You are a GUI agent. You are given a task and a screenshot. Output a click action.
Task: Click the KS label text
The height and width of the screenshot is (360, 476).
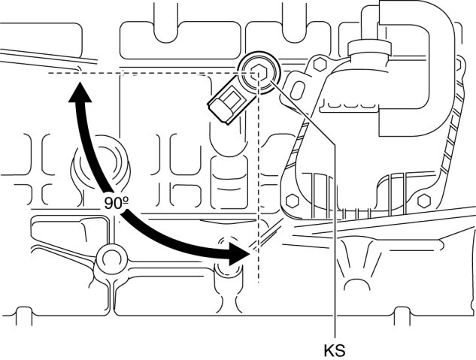[x=335, y=349]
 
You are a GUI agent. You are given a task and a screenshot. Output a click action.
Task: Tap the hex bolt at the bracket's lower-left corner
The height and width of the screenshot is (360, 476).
[x=289, y=201]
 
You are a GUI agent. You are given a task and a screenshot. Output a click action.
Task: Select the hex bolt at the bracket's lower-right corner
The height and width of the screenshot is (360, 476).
[x=423, y=201]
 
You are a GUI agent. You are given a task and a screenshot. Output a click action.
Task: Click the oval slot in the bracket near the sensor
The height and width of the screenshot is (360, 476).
[x=297, y=89]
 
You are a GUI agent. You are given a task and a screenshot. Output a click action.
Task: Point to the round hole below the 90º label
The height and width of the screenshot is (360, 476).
[x=111, y=259]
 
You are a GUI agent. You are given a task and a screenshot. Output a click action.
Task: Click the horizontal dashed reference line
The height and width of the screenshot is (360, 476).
[x=150, y=74]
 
